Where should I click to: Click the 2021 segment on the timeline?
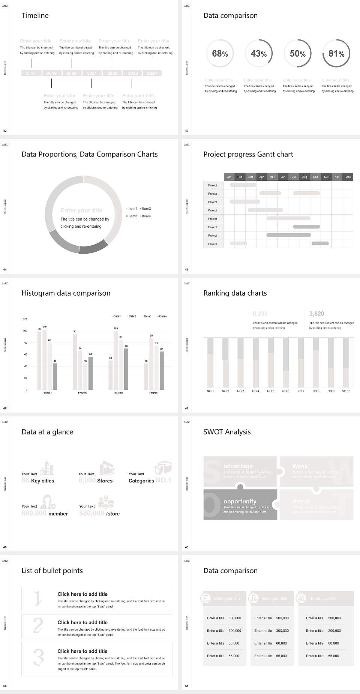pyautogui.click(x=92, y=74)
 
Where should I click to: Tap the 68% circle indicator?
pyautogui.click(x=220, y=54)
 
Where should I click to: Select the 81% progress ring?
pyautogui.click(x=336, y=54)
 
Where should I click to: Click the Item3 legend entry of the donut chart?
pyautogui.click(x=132, y=216)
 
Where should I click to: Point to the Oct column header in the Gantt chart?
pyautogui.click(x=326, y=177)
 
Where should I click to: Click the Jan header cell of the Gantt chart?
pyautogui.click(x=229, y=177)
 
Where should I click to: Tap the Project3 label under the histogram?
pyautogui.click(x=118, y=393)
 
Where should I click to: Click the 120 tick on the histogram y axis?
pyautogui.click(x=25, y=319)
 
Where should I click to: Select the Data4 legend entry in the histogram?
pyautogui.click(x=162, y=316)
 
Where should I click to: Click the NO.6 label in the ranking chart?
pyautogui.click(x=286, y=391)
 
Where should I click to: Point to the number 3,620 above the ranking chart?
pyautogui.click(x=316, y=314)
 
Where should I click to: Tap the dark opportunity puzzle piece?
pyautogui.click(x=240, y=505)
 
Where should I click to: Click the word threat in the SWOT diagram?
pyautogui.click(x=301, y=501)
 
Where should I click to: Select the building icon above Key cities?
pyautogui.click(x=47, y=468)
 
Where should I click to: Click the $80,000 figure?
pyautogui.click(x=91, y=513)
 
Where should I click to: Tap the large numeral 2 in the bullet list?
pyautogui.click(x=38, y=626)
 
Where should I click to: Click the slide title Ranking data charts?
pyautogui.click(x=235, y=293)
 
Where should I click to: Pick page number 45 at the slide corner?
pyautogui.click(x=187, y=269)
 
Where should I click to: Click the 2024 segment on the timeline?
pyautogui.click(x=152, y=74)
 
